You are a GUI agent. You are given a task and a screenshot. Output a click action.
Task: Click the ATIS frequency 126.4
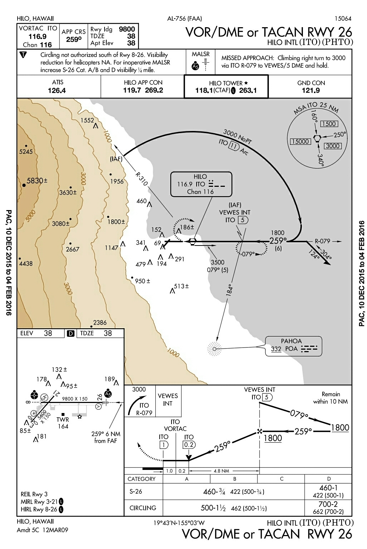tap(57, 91)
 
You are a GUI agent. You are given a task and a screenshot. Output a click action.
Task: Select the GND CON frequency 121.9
tap(310, 91)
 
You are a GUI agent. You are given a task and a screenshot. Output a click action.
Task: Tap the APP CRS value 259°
tap(73, 39)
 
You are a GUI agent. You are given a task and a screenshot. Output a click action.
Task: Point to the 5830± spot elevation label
tap(37, 181)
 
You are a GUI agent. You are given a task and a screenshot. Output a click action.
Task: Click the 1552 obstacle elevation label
tap(87, 120)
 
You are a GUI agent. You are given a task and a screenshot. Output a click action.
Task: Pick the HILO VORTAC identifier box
tap(201, 184)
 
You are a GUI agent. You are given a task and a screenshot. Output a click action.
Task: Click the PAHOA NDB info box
tap(294, 346)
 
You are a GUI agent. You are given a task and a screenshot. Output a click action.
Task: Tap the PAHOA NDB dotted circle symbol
tap(214, 349)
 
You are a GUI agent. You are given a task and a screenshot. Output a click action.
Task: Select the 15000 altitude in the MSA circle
tap(300, 141)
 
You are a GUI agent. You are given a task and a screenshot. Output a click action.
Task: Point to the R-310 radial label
tap(141, 179)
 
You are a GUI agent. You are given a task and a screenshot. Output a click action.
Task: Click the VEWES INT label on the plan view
tap(235, 212)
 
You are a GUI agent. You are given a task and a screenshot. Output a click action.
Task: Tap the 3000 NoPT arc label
tap(237, 137)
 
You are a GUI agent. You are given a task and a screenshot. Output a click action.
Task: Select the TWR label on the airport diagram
tap(63, 419)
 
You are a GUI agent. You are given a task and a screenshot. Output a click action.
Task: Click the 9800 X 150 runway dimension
tap(74, 399)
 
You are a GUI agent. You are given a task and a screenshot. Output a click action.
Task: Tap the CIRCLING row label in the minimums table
tap(143, 508)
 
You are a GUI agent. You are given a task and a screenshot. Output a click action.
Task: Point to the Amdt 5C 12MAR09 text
tap(42, 530)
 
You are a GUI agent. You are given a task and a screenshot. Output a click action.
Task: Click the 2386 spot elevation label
tap(100, 322)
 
